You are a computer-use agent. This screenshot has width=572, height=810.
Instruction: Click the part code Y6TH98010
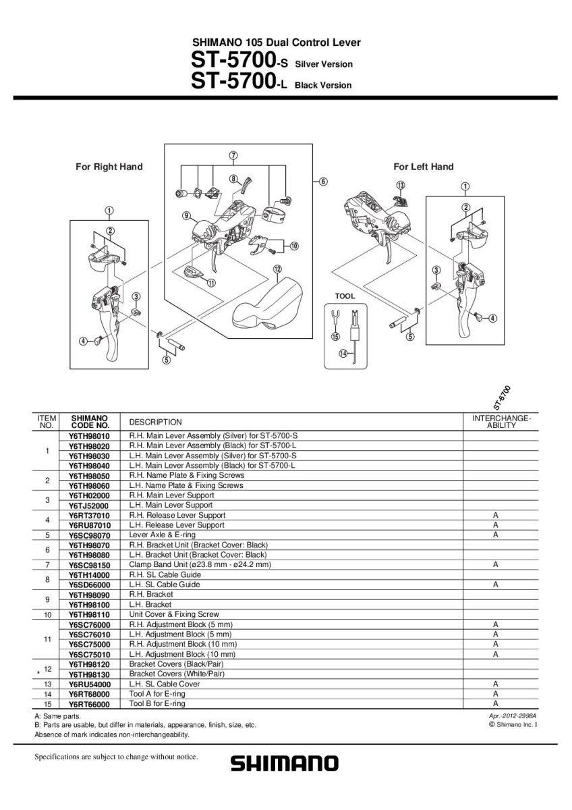tap(89, 437)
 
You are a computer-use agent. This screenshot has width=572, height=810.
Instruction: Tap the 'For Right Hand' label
tap(109, 167)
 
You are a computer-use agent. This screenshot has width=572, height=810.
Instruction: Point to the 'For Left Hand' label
tap(424, 167)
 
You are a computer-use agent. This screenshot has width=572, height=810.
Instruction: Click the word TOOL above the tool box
tap(345, 296)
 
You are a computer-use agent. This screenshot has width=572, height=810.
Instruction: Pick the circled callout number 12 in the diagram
tap(277, 269)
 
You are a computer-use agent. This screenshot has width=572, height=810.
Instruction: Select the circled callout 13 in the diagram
tap(401, 185)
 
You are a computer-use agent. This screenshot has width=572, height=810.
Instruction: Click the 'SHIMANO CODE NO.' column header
tap(89, 422)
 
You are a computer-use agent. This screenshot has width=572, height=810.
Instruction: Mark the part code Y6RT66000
tap(89, 703)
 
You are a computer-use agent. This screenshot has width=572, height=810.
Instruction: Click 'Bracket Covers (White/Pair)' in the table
tap(177, 674)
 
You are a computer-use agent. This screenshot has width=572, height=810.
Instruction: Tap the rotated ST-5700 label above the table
tap(501, 398)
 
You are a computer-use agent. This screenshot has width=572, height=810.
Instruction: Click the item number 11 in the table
tap(47, 639)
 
